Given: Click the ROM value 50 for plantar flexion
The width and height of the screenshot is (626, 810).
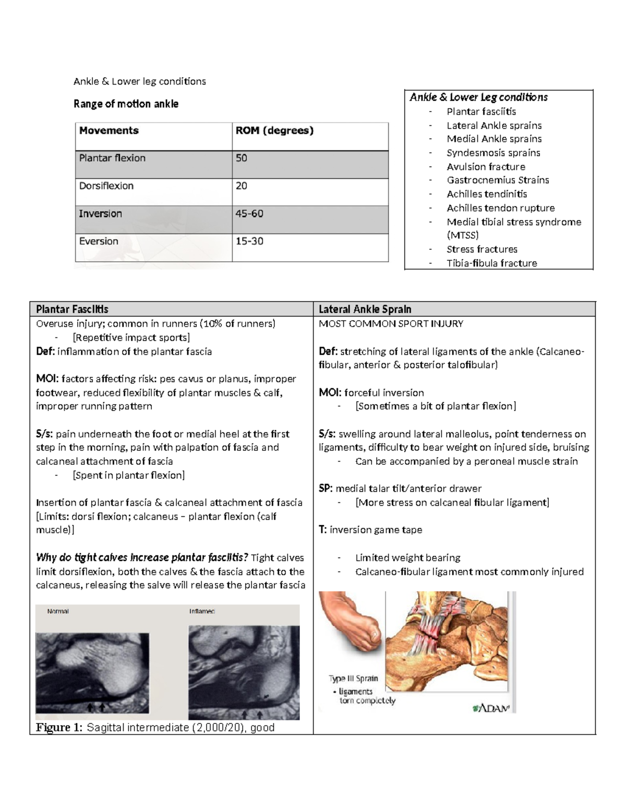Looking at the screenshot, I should tap(242, 158).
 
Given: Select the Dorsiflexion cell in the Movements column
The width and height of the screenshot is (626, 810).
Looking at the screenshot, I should tap(106, 186).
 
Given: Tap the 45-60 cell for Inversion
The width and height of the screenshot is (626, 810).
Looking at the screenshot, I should tap(249, 213).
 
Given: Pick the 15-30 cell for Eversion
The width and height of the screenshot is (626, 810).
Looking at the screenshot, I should tap(249, 241).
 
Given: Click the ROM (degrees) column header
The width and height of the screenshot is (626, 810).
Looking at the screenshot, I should tap(274, 130).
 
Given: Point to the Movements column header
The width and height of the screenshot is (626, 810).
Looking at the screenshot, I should tap(109, 130).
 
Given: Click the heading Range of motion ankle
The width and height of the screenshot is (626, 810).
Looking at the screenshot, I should tap(126, 104).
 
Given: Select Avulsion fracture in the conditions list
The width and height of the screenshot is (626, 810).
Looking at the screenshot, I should tap(486, 166).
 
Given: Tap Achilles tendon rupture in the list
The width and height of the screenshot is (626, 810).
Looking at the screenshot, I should tap(500, 208).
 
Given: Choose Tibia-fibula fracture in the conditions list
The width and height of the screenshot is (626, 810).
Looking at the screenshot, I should tap(491, 263).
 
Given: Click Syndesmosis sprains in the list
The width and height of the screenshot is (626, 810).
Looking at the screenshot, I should tap(493, 152).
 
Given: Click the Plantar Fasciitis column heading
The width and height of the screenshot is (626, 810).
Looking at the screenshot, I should tap(72, 309).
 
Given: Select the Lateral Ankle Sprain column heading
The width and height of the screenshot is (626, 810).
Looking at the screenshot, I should tap(365, 309).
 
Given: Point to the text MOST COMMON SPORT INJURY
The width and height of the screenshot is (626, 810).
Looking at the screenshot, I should tap(391, 323).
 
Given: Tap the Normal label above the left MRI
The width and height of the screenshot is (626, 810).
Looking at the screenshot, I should tap(58, 611).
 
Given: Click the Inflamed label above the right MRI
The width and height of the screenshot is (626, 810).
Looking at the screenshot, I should tap(202, 611).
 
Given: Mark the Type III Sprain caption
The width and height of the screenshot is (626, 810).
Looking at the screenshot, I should tap(353, 678).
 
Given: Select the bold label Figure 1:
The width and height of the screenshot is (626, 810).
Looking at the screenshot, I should tap(58, 728).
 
